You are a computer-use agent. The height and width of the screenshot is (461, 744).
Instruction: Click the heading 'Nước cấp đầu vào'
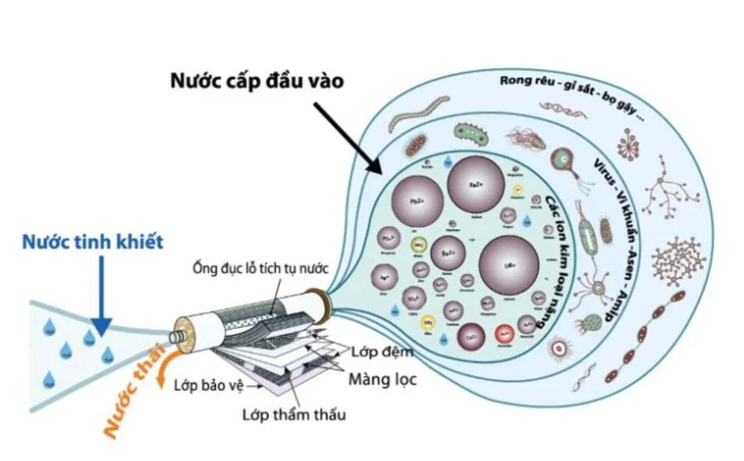point(257,81)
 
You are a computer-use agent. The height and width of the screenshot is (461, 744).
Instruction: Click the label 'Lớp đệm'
point(381,352)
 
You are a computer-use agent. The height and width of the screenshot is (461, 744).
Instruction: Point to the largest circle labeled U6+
point(508,265)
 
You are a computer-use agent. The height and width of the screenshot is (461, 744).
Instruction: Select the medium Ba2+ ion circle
point(447,254)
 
